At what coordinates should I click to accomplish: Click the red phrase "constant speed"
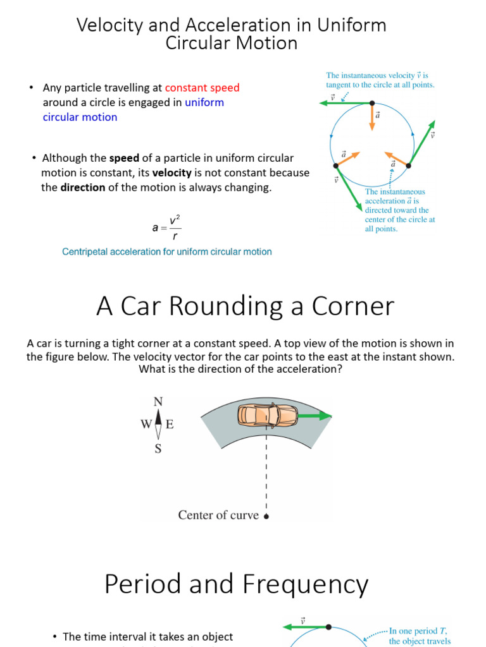click(202, 88)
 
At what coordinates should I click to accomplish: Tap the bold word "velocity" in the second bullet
click(172, 172)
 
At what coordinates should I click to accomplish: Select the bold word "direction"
click(83, 188)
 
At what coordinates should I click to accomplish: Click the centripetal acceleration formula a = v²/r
click(166, 228)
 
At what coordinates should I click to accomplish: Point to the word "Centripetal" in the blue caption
click(87, 251)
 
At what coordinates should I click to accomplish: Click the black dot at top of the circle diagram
click(372, 103)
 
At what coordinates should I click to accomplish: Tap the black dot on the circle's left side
click(335, 166)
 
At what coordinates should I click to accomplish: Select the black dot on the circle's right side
click(408, 166)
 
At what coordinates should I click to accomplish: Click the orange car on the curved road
click(268, 415)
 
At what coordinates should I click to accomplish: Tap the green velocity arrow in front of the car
click(315, 416)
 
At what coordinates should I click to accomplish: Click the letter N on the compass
click(158, 402)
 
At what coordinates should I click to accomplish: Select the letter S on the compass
click(158, 449)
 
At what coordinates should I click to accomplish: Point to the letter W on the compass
click(146, 425)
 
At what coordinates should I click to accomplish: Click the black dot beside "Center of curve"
click(266, 516)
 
